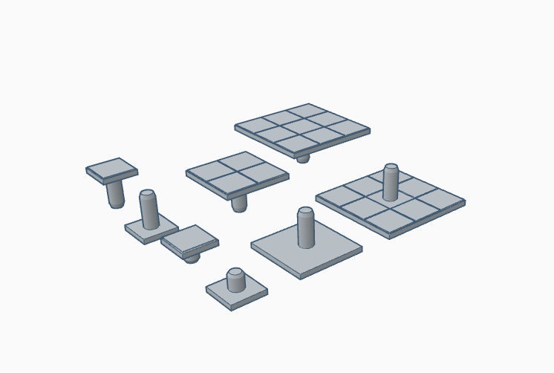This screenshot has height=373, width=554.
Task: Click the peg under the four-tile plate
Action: point(239,203)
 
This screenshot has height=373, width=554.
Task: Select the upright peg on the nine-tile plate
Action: point(391,182)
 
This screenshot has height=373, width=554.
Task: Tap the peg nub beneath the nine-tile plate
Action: point(302,158)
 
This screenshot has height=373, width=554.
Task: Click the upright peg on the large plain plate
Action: point(305,227)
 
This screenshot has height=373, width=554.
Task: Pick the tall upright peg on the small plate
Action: point(149,210)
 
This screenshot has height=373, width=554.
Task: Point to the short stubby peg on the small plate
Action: point(235,281)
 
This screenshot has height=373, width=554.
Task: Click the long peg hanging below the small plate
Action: point(115,194)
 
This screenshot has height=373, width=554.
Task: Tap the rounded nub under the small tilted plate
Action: point(192,257)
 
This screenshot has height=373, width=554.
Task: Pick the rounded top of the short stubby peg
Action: point(235,272)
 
